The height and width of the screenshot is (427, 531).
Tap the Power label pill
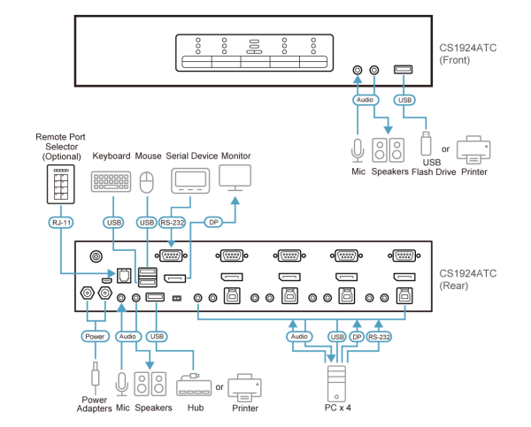point(94,336)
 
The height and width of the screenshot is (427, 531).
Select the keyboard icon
point(112,181)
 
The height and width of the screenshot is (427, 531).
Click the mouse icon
point(147,181)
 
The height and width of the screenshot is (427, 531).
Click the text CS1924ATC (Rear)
point(472,278)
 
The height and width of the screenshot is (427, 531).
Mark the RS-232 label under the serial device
point(172,223)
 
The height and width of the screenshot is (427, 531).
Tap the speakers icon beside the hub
point(150,385)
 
